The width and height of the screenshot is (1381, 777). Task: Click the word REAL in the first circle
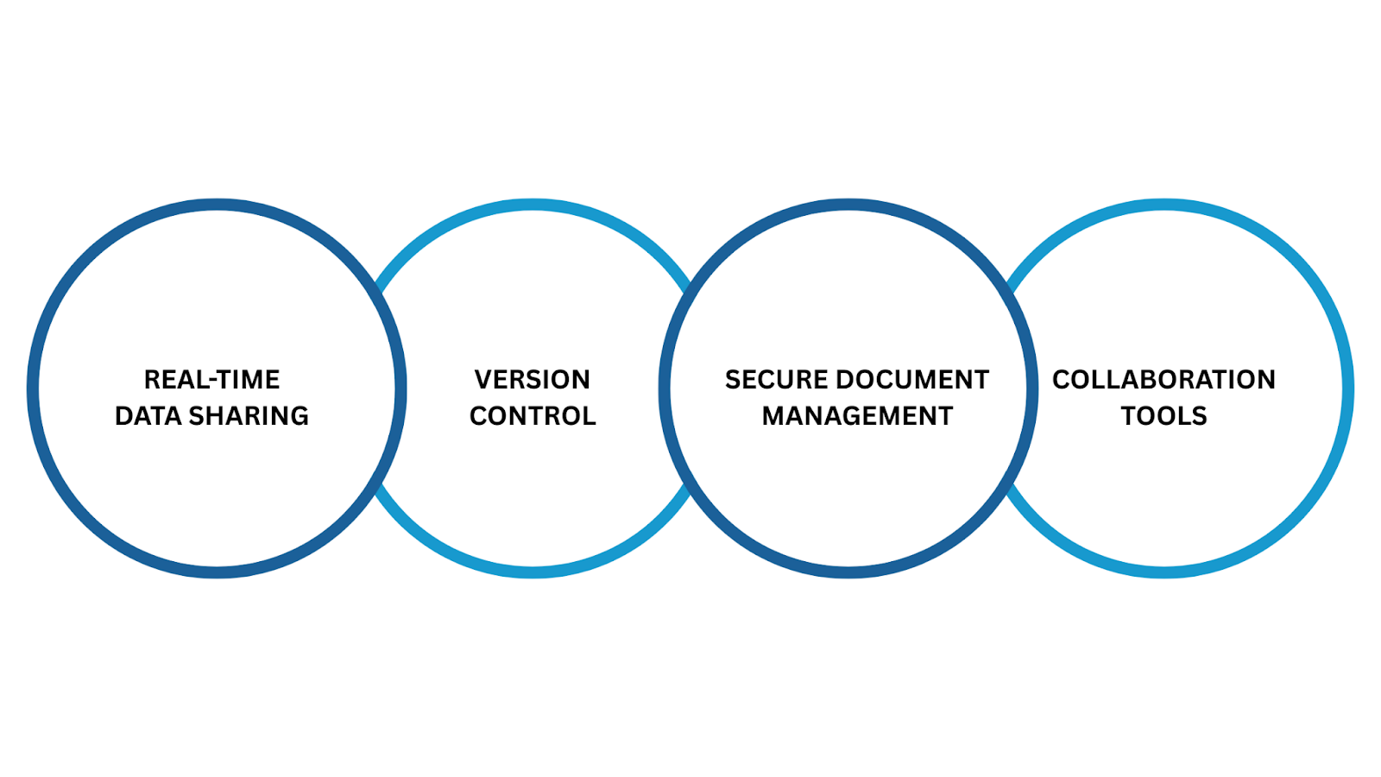click(x=171, y=380)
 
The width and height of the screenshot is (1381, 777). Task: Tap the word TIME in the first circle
click(x=244, y=380)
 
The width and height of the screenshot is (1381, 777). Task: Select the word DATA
click(x=148, y=416)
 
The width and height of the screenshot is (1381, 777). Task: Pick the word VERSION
click(x=532, y=380)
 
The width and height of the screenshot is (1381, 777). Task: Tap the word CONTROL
click(x=533, y=416)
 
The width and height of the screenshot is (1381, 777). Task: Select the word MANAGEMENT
click(x=857, y=416)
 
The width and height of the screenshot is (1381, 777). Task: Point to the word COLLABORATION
click(x=1163, y=380)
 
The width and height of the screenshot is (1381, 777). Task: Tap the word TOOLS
click(x=1163, y=416)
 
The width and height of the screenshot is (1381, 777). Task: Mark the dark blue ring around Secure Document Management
click(x=848, y=205)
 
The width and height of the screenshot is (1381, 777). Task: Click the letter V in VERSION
click(x=482, y=380)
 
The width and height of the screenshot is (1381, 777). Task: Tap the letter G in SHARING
click(x=299, y=416)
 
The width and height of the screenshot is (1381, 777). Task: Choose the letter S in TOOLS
click(x=1199, y=416)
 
